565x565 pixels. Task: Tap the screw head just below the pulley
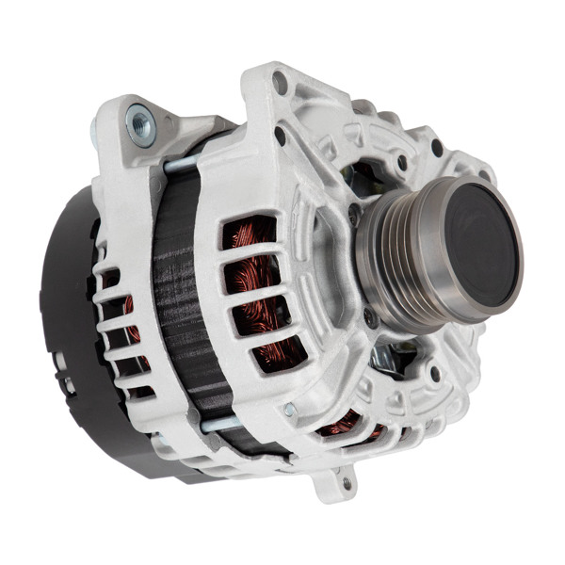click(x=371, y=317)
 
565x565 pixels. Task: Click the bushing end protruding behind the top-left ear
click(x=96, y=130)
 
